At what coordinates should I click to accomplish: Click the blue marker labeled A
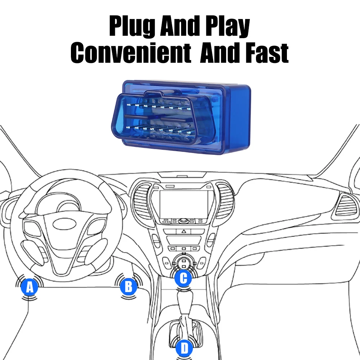tap(30, 287)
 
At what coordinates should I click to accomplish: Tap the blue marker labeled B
tap(129, 287)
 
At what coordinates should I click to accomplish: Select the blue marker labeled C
tap(183, 278)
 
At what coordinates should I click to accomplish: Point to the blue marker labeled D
tap(184, 348)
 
